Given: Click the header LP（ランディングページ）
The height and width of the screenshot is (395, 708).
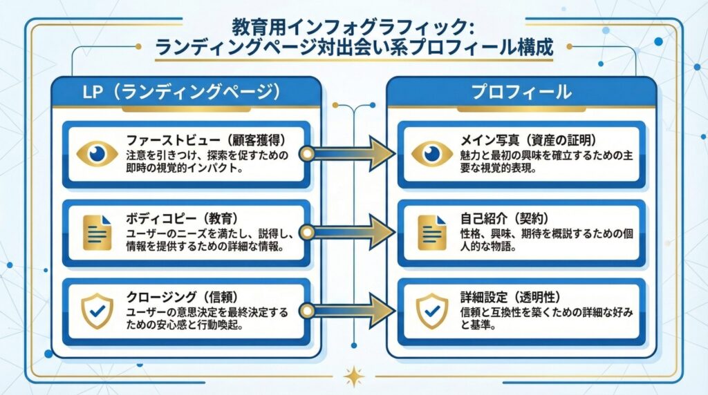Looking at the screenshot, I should [186, 91].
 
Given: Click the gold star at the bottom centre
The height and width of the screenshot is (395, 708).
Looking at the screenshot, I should [354, 376].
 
